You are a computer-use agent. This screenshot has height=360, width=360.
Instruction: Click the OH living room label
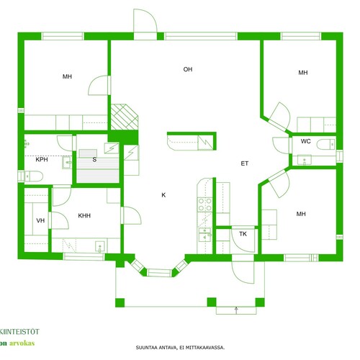[188, 69]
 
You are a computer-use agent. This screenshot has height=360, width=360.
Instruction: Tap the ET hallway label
[244, 163]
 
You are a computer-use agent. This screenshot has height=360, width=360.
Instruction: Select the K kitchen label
[163, 195]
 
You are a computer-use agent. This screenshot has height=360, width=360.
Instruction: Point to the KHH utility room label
[84, 215]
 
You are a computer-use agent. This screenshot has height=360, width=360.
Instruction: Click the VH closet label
[40, 220]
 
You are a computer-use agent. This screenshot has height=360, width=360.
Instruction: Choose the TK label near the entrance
[243, 234]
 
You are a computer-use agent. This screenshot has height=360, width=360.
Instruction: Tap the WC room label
[305, 141]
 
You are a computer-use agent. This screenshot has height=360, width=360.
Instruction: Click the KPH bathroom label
[42, 159]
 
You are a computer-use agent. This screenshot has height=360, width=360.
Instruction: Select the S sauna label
[94, 159]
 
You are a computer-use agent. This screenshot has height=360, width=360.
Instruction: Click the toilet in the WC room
[325, 145]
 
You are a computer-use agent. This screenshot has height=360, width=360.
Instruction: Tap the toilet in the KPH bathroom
[33, 176]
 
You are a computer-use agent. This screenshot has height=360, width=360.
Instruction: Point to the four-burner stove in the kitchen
[204, 204]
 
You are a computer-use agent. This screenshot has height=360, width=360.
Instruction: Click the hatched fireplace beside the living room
[125, 117]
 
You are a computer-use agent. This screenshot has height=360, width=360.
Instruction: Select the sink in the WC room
[305, 160]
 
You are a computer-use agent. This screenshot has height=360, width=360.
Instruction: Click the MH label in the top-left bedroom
[67, 76]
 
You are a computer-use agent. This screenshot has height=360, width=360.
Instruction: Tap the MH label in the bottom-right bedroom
[301, 214]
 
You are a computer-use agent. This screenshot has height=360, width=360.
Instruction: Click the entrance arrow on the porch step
[236, 310]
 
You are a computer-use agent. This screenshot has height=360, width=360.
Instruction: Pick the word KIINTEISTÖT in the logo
[19, 332]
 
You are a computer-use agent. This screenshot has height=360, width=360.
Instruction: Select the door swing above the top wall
[145, 21]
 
